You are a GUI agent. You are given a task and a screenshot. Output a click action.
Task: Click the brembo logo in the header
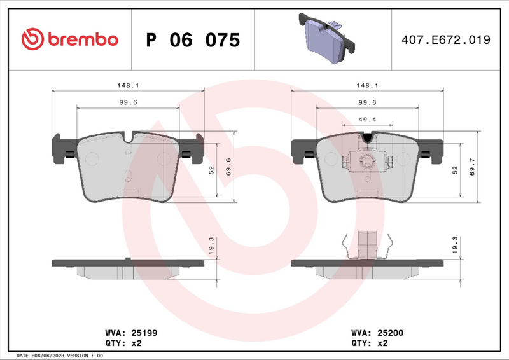click(x=69, y=39)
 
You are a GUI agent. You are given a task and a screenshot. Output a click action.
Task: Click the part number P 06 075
click(x=193, y=40)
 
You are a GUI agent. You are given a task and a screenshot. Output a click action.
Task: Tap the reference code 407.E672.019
click(x=445, y=40)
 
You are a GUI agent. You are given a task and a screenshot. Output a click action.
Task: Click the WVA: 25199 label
click(x=127, y=332)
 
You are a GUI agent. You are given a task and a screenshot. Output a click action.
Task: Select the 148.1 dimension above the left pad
click(x=127, y=85)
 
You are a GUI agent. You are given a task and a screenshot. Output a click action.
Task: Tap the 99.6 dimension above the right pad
click(x=368, y=102)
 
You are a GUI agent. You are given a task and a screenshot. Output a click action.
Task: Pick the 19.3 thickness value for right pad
click(x=454, y=246)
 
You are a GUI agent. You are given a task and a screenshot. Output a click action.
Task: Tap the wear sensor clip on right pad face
click(x=366, y=161)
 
